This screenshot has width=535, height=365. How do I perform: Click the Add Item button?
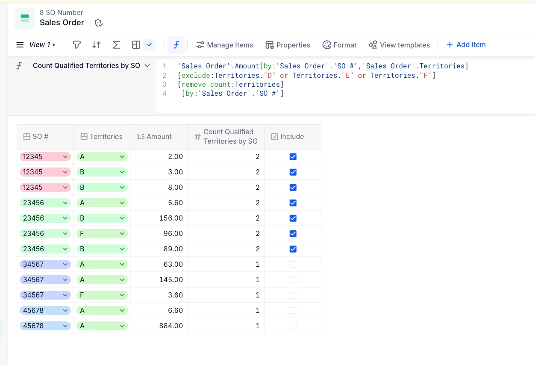pos(466,45)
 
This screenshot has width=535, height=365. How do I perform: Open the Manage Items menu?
pos(224,45)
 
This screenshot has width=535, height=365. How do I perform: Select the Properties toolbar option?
pos(288,45)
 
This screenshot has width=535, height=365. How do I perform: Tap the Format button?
pos(339,45)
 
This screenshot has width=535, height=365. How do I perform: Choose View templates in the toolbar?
pos(399,45)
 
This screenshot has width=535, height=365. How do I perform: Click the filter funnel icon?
pos(76,45)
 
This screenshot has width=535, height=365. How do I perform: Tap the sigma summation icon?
pos(116,45)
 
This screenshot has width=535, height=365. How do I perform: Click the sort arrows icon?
pos(97,45)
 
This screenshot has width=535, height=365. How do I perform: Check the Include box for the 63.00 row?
pos(293,265)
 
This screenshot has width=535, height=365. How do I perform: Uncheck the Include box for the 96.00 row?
pos(293,234)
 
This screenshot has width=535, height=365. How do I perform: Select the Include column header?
pos(288,137)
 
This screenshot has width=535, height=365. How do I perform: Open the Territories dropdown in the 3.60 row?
pos(122,295)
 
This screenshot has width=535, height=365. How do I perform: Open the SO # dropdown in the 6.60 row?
pos(65,311)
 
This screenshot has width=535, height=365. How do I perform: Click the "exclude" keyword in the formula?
pos(196,76)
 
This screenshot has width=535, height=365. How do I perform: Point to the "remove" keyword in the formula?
pos(194,85)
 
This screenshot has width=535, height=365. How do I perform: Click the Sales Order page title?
pos(62,23)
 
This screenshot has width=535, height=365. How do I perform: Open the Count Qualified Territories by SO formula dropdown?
pos(147,66)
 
